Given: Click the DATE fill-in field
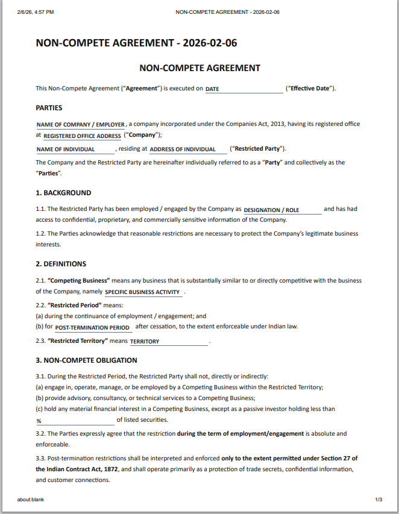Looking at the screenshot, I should pyautogui.click(x=243, y=89).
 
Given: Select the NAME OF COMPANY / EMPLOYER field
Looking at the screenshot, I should pyautogui.click(x=81, y=125).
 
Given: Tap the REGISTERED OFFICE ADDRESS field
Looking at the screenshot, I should pyautogui.click(x=82, y=136).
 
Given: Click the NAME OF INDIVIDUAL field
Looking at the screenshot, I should pyautogui.click(x=75, y=149).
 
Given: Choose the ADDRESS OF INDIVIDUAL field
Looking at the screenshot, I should pyautogui.click(x=187, y=149).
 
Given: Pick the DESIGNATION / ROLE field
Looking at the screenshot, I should pyautogui.click(x=282, y=210).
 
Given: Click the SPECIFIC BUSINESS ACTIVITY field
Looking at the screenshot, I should pyautogui.click(x=143, y=292).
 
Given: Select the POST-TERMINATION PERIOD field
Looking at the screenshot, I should pyautogui.click(x=93, y=328).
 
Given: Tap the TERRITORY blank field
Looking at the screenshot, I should pyautogui.click(x=169, y=342).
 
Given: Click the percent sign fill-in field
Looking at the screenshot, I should pyautogui.click(x=75, y=421).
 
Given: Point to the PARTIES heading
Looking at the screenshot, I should pyautogui.click(x=49, y=108).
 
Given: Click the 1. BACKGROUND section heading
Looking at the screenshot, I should pyautogui.click(x=63, y=193).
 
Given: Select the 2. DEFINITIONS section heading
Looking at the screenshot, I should pyautogui.click(x=61, y=264).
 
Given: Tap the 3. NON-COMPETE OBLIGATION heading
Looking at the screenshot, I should pyautogui.click(x=86, y=360).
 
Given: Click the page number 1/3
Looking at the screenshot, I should pyautogui.click(x=379, y=500).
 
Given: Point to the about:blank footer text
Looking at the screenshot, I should pyautogui.click(x=31, y=500).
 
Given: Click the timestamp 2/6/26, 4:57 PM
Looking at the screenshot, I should pyautogui.click(x=36, y=11).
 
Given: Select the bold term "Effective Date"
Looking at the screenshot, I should pyautogui.click(x=310, y=89).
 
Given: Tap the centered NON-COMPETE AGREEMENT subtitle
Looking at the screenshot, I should pyautogui.click(x=199, y=68).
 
